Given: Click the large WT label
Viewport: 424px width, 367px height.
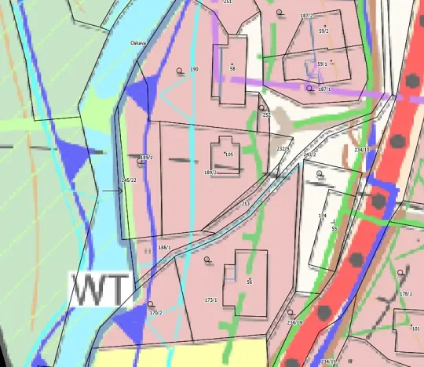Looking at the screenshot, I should [x=100, y=289].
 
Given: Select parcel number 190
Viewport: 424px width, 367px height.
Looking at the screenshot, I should [x=194, y=70].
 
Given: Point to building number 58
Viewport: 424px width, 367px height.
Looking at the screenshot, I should [x=232, y=69].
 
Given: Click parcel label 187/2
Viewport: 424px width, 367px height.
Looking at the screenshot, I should [x=306, y=16].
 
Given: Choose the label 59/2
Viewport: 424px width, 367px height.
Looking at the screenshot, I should [x=323, y=31].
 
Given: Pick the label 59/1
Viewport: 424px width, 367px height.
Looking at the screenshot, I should [x=322, y=64].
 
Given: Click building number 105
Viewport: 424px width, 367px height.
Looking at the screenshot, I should [x=229, y=154].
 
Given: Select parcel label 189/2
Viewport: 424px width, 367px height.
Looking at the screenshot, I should [x=210, y=173].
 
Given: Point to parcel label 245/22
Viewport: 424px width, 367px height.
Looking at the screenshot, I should [x=130, y=180].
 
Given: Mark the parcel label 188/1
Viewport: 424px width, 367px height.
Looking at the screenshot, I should [x=164, y=248].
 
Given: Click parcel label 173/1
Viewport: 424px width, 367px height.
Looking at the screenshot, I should [x=210, y=300].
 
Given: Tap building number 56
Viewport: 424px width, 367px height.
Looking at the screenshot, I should [x=249, y=282].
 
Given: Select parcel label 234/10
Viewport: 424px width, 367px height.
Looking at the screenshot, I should [x=362, y=149].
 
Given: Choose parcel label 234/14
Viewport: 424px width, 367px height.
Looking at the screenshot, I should [x=294, y=322].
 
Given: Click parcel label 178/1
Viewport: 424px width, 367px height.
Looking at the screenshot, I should [x=405, y=293].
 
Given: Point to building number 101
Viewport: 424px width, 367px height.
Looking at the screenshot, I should [x=415, y=329].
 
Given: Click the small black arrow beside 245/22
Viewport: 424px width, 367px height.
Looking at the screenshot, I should [x=108, y=191].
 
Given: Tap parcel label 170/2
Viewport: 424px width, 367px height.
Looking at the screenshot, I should [x=155, y=313].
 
